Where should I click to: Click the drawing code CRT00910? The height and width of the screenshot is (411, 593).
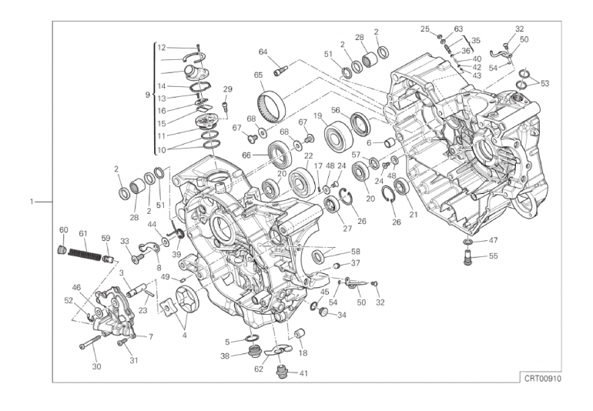542,379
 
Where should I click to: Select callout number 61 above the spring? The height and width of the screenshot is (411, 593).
83,234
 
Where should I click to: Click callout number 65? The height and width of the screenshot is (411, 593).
258,75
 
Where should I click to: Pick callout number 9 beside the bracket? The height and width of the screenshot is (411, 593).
148,95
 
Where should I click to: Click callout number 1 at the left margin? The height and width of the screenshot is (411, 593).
32,202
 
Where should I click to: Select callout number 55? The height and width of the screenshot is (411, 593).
493,256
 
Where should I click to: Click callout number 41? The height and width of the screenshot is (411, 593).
303,373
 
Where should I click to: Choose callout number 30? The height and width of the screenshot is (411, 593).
97,366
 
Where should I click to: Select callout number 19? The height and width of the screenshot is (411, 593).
317,115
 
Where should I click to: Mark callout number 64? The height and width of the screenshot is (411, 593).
263,52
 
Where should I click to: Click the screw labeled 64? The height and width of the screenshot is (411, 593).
280,70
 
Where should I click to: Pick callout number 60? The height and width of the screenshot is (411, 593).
63,230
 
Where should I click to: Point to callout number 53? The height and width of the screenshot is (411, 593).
544,83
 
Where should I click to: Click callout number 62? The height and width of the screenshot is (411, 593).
259,369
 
